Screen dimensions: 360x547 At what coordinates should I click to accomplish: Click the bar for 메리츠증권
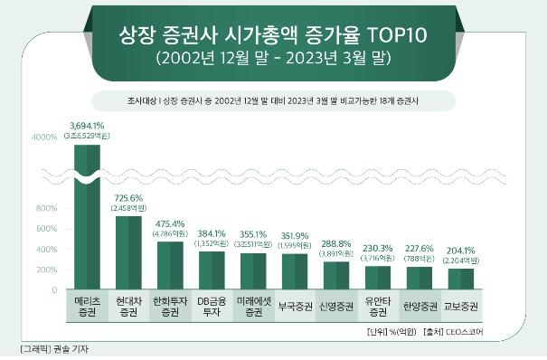87,217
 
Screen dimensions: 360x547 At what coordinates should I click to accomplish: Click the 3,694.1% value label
87,125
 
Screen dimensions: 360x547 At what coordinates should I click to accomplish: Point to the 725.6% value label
127,198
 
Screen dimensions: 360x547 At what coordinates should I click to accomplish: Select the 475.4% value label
169,223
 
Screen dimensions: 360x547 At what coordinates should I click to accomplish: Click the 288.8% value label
335,243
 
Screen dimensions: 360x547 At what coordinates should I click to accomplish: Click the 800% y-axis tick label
45,209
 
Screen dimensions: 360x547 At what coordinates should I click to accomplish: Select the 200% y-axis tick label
45,270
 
